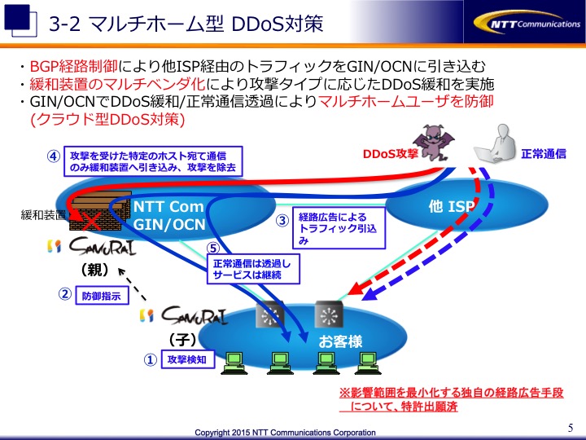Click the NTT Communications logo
click(527, 23)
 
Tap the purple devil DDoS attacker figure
click(434, 142)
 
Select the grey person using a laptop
click(495, 144)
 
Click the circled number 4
click(54, 156)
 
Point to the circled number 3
click(282, 220)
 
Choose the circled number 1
click(151, 359)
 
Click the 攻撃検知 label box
click(188, 359)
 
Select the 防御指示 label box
click(102, 296)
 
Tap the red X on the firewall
click(91, 221)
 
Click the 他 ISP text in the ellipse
click(452, 206)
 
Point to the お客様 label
click(340, 341)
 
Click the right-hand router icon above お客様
click(329, 315)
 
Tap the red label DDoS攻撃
click(390, 154)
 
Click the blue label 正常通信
click(544, 153)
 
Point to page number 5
click(571, 427)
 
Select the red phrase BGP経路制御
click(73, 66)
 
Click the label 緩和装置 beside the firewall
click(43, 215)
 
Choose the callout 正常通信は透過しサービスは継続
click(253, 270)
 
